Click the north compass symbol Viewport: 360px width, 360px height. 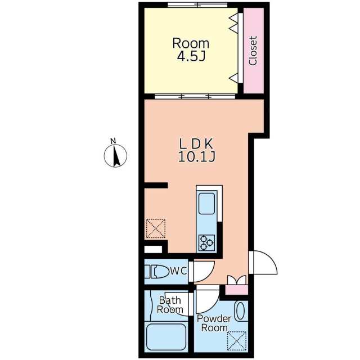point(115,156)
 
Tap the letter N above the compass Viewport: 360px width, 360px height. point(113,141)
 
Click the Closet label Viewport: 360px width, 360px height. point(253,51)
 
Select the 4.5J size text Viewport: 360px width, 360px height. point(191,56)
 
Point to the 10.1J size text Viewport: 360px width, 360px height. point(197,157)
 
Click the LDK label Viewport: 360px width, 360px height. point(196,144)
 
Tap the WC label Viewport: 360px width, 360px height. point(178,271)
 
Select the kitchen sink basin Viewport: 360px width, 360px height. point(206,204)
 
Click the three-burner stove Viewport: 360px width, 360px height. point(206,243)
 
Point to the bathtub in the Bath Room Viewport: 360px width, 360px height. point(166,336)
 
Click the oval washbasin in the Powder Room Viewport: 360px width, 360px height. point(240,311)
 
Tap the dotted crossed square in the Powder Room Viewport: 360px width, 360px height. point(236,341)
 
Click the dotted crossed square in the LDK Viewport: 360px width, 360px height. point(156,228)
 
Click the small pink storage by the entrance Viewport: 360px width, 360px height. point(236,290)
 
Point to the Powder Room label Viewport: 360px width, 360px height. point(214,323)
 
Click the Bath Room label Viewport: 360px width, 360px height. point(170,305)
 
